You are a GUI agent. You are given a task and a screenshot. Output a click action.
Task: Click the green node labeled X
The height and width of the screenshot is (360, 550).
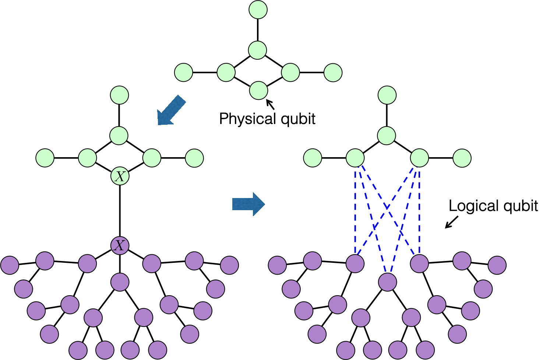(120, 176)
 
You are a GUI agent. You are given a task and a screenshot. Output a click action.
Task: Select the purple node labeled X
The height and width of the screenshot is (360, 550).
(120, 246)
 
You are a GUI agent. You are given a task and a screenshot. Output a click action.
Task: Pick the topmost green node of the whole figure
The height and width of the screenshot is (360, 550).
(258, 10)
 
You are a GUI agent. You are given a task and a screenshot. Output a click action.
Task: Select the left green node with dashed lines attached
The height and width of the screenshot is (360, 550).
(355, 158)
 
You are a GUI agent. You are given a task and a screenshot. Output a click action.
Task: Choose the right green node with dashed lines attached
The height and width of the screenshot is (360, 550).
(420, 158)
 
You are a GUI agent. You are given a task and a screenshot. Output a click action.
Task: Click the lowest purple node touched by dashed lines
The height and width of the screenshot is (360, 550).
(388, 282)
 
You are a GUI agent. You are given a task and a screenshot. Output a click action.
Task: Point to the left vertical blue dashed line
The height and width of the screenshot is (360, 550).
(355, 210)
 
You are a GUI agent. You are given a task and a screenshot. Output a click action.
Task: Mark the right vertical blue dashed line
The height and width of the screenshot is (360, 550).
(419, 210)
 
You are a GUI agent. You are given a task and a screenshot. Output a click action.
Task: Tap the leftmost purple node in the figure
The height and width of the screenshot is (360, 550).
(10, 265)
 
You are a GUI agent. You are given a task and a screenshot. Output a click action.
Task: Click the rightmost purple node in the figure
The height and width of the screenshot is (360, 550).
(497, 265)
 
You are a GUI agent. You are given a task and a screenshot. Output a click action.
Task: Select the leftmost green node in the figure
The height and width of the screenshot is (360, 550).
(45, 158)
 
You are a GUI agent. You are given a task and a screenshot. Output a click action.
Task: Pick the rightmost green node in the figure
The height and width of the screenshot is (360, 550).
(462, 158)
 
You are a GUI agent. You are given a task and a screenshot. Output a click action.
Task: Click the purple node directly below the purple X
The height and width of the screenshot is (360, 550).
(120, 282)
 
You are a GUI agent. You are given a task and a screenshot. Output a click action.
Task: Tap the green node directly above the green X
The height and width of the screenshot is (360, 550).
(119, 135)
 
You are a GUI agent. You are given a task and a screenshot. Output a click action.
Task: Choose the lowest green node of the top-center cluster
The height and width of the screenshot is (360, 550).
(258, 91)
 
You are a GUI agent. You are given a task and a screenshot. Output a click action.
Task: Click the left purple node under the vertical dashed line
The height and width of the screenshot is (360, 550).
(355, 264)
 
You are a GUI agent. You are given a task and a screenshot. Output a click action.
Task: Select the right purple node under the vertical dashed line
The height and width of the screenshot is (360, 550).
(419, 264)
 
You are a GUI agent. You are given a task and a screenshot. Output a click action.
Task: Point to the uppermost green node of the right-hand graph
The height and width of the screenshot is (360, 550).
(387, 95)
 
